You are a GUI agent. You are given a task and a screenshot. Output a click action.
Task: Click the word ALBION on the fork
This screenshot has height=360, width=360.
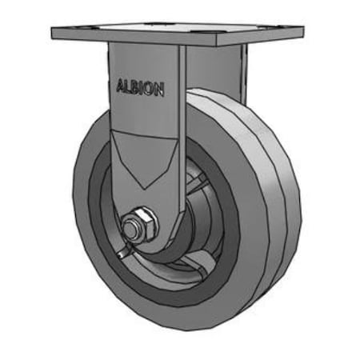point(141,87)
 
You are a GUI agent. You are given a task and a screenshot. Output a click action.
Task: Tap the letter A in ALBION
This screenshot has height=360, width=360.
point(121,86)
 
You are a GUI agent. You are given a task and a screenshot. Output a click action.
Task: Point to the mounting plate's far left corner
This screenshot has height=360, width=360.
point(53,34)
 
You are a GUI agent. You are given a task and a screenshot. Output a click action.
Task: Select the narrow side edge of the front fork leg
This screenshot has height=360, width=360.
point(182,136)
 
